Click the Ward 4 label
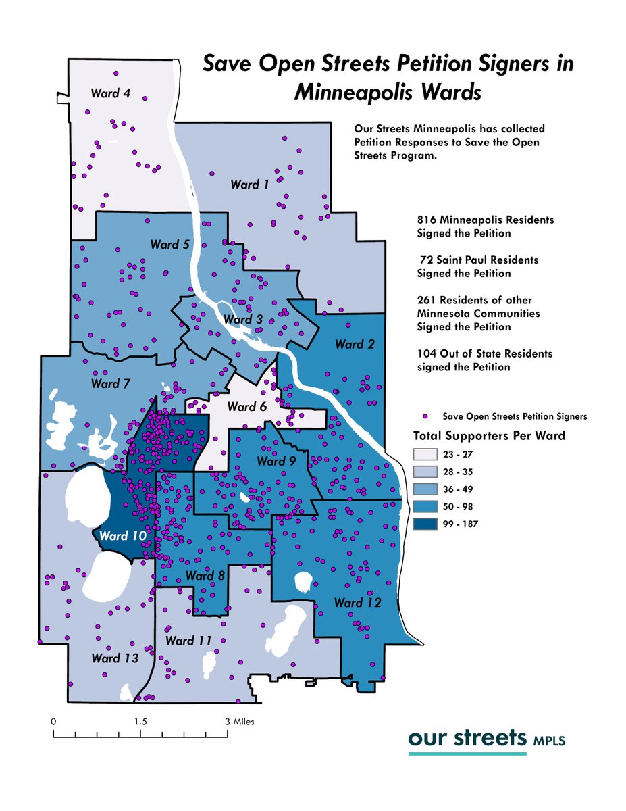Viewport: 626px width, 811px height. (110, 93)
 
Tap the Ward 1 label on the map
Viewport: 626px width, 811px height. (249, 184)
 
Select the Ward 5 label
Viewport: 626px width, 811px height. (169, 245)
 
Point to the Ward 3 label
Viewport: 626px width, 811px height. (243, 319)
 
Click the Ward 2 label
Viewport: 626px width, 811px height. (354, 344)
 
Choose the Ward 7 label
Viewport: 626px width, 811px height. (110, 384)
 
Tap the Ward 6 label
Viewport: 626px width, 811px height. (247, 406)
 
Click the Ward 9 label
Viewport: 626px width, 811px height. (276, 461)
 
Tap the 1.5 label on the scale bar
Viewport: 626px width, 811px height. (140, 722)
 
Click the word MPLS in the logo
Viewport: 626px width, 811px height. (549, 741)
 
